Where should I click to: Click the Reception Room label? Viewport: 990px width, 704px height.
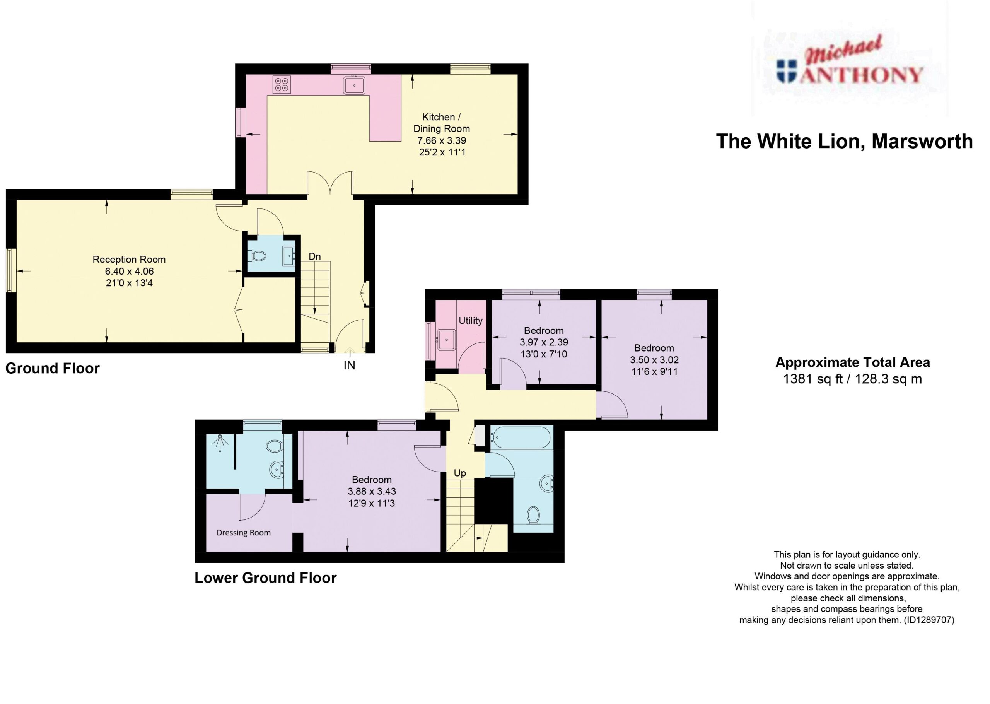[129, 259]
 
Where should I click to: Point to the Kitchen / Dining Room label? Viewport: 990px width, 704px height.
[442, 123]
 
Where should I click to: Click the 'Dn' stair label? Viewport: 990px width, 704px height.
[314, 256]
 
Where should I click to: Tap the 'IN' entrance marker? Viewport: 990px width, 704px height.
[349, 365]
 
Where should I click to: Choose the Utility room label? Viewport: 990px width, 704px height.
[471, 320]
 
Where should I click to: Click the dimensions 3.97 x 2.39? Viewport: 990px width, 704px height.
[544, 342]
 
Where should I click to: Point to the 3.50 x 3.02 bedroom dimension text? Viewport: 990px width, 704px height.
[654, 359]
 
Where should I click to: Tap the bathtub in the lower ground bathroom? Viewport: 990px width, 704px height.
[520, 437]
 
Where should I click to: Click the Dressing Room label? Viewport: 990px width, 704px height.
[244, 533]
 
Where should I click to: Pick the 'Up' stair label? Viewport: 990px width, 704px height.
[460, 473]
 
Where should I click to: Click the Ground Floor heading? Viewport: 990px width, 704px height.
[53, 369]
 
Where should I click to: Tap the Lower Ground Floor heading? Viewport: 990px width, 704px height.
[266, 578]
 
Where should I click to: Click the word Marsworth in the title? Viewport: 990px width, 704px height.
[922, 141]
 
